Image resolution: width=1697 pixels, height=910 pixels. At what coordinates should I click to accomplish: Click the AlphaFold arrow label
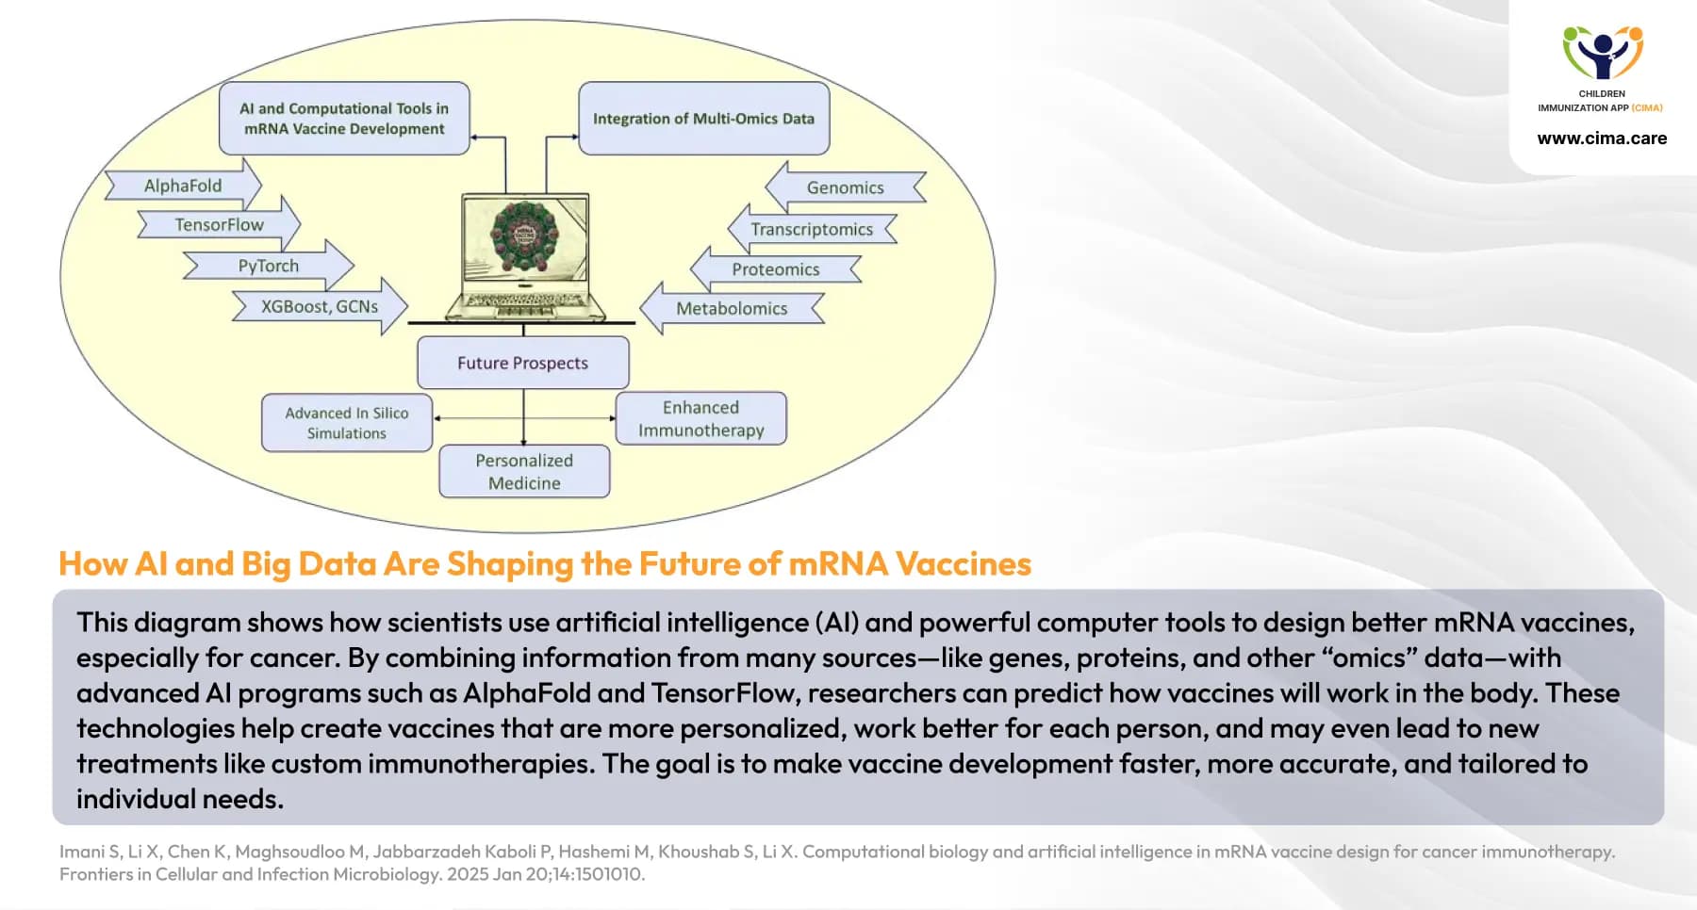[183, 186]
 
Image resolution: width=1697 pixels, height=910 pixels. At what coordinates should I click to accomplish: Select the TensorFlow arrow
[219, 225]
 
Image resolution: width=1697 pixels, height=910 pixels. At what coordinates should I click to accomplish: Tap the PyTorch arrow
[268, 266]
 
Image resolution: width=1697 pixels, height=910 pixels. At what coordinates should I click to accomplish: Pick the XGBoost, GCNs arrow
[320, 306]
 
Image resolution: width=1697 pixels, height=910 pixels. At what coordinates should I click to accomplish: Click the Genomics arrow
[845, 187]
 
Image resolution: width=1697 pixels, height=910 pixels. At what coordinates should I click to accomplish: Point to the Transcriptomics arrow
[811, 229]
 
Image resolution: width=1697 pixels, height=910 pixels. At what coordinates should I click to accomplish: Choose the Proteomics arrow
[775, 269]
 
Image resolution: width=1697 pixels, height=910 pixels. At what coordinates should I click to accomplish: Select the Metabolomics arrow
[731, 308]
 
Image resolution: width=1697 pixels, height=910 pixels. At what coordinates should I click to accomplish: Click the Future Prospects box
[522, 363]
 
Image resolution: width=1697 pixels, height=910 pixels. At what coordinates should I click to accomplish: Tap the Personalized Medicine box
[524, 471]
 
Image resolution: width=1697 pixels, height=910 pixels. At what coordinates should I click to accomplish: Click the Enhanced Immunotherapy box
[700, 418]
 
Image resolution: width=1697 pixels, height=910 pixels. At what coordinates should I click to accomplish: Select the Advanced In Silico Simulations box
[346, 423]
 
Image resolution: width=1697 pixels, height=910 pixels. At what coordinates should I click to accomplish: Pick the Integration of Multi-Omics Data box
[703, 119]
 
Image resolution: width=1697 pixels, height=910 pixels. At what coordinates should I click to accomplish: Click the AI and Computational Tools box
[344, 119]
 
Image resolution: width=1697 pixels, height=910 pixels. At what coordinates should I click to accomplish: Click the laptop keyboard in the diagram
[524, 301]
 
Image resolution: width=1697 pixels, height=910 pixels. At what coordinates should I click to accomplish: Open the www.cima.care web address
[1602, 138]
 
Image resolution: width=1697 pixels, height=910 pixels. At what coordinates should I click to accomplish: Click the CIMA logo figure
[1602, 53]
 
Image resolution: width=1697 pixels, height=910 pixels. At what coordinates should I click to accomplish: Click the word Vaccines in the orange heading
[963, 563]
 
